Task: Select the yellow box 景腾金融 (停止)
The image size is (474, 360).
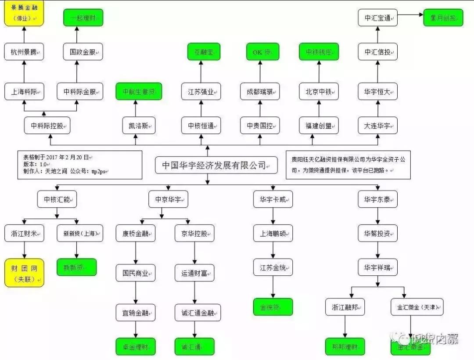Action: (24, 13)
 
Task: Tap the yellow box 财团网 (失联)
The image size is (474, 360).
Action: (24, 273)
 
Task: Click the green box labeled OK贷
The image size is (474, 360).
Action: (259, 52)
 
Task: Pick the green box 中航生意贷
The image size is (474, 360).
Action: (138, 92)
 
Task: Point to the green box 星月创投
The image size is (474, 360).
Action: (443, 18)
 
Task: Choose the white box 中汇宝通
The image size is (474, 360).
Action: (377, 18)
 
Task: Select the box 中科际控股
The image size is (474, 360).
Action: (47, 126)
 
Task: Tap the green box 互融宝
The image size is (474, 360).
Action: (201, 52)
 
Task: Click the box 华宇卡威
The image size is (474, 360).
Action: (273, 199)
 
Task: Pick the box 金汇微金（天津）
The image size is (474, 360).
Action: (417, 306)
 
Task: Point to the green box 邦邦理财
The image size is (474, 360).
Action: (345, 346)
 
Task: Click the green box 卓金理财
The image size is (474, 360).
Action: (136, 346)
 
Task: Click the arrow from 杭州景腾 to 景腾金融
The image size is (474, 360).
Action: (24, 34)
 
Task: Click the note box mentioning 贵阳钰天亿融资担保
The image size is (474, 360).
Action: (348, 165)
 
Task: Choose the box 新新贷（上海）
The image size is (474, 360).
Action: (80, 233)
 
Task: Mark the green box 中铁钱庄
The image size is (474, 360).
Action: (319, 52)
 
